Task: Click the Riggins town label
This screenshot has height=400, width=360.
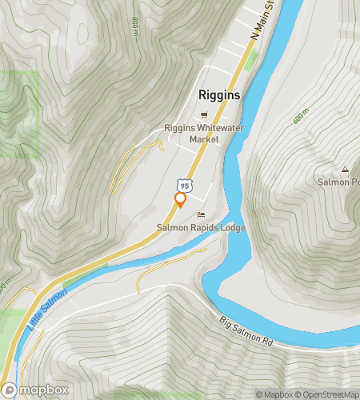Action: click(x=218, y=94)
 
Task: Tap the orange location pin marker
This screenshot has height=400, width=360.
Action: click(x=180, y=199)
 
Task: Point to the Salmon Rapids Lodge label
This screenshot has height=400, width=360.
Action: click(x=201, y=228)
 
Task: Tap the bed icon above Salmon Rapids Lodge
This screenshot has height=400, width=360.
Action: click(x=201, y=214)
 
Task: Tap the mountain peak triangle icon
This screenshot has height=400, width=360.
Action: click(x=346, y=169)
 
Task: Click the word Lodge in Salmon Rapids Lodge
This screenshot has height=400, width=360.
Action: click(x=230, y=228)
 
